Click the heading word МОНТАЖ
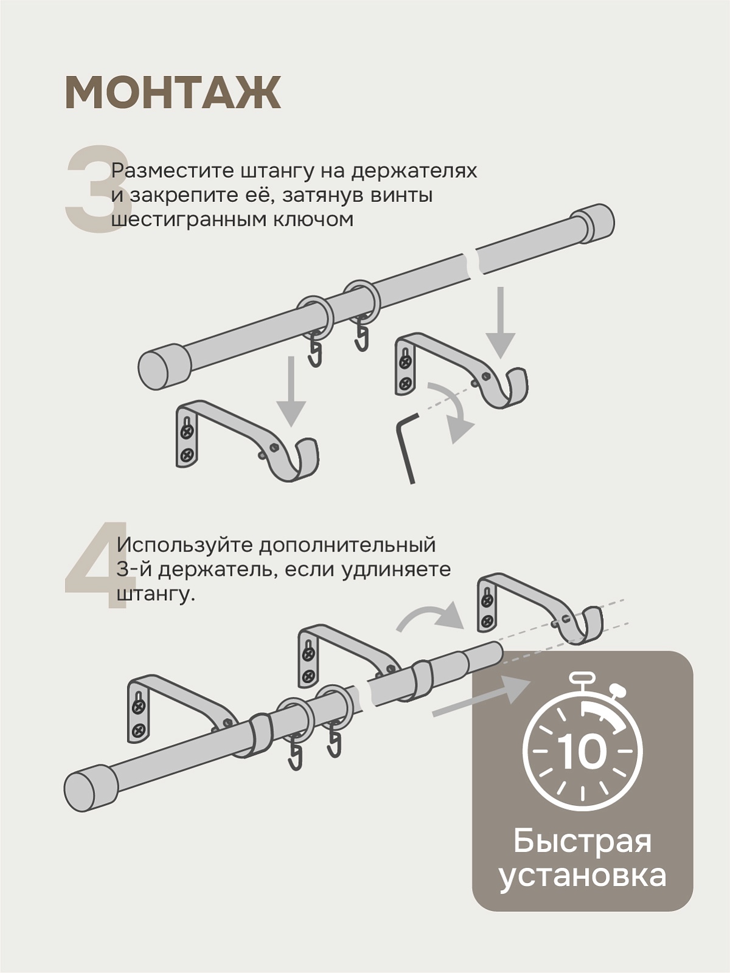173,92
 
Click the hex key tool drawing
407,448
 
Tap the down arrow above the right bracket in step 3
500,322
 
